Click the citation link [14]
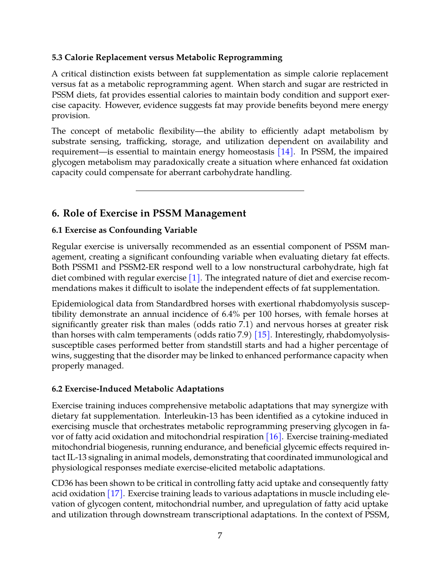coord(286,152)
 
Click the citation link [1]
coord(194,278)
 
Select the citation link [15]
coord(262,335)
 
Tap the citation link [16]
coord(274,436)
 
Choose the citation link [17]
coord(115,493)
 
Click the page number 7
coord(220,536)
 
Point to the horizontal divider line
coord(220,191)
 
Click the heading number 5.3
coord(57,57)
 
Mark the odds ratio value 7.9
coord(243,335)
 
